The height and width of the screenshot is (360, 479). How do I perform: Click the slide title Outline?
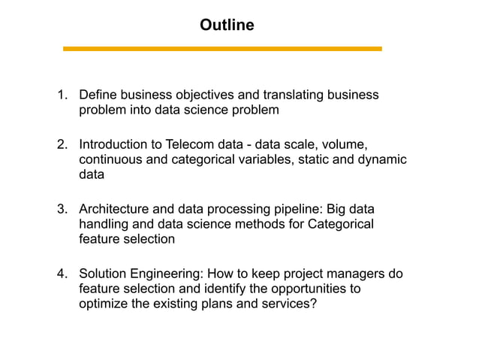coord(227,26)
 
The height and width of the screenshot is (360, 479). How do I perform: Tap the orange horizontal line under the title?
coord(222,49)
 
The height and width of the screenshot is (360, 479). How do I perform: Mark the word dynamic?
coord(382,159)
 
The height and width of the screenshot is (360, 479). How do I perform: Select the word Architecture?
coord(115,209)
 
